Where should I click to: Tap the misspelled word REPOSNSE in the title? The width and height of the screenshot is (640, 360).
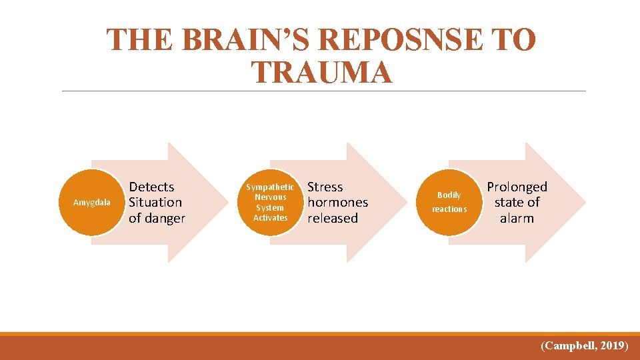click(x=408, y=41)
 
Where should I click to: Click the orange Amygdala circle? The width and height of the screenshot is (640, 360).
click(x=92, y=202)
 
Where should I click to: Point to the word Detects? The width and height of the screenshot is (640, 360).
click(x=151, y=187)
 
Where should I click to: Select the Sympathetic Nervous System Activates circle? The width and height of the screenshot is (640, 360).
click(x=270, y=202)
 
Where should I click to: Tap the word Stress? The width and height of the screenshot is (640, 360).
click(x=325, y=187)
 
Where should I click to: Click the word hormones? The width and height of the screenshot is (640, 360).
click(x=337, y=203)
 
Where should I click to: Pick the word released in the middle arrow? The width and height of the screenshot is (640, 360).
click(x=332, y=218)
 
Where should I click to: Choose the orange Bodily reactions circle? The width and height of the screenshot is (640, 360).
click(x=449, y=202)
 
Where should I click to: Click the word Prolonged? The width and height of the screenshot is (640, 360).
click(x=517, y=187)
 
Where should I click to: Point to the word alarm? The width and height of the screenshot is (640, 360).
click(x=517, y=218)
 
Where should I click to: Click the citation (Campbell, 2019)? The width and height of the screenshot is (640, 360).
click(x=584, y=345)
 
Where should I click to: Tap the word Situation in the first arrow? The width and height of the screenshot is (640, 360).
click(x=155, y=203)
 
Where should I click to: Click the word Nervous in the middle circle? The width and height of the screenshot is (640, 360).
click(x=270, y=197)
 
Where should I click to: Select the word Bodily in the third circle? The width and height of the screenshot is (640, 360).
click(x=449, y=195)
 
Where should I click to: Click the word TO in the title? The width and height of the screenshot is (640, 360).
click(x=512, y=41)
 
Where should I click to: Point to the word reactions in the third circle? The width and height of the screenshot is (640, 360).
click(x=449, y=209)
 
